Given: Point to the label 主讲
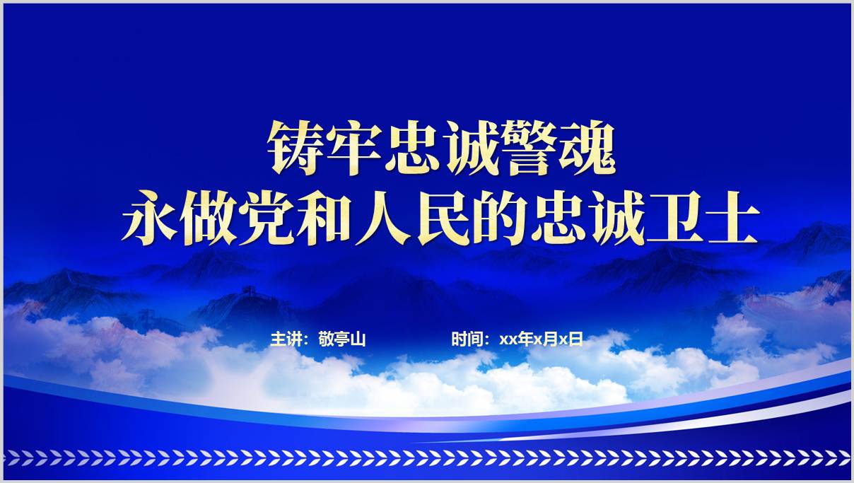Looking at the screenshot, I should (286, 339).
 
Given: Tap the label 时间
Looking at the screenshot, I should (467, 339).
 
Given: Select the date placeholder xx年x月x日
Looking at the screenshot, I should (541, 339).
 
